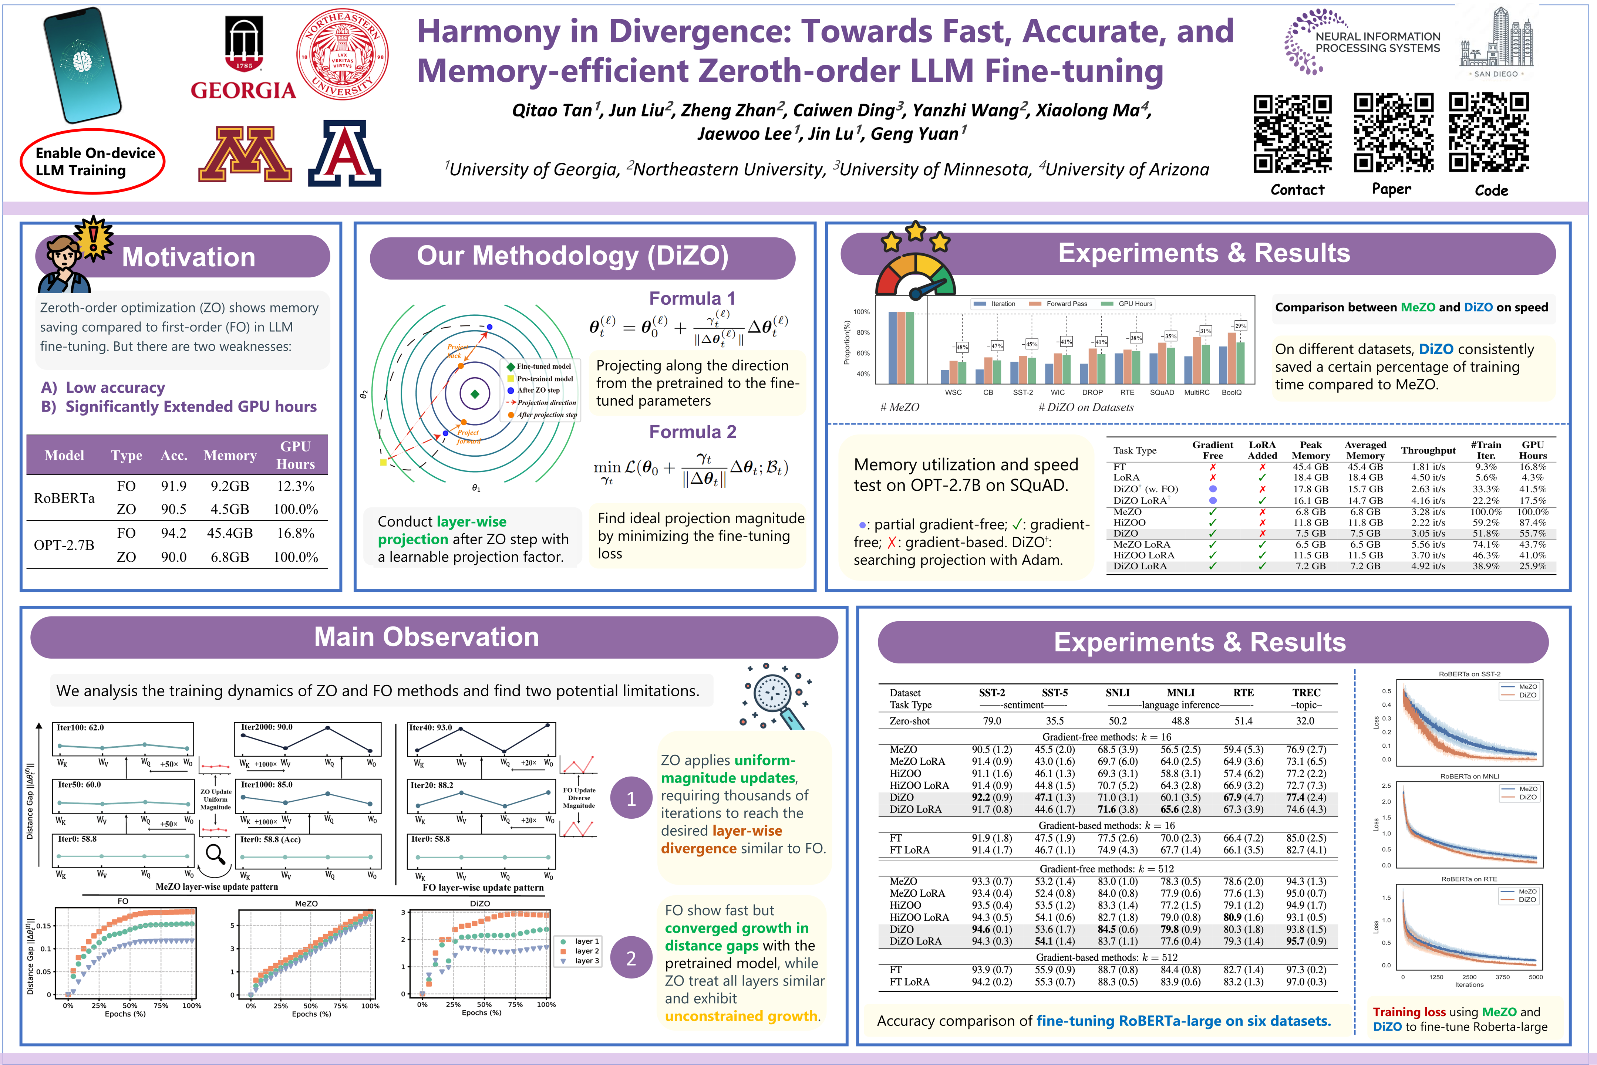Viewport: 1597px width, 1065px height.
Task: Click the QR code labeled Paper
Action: (1393, 133)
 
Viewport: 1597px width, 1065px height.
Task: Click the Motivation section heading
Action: (188, 257)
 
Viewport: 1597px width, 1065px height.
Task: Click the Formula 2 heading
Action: (692, 432)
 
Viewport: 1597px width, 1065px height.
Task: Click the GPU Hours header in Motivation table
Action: (296, 455)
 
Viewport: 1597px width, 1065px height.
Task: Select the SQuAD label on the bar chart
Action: (1162, 393)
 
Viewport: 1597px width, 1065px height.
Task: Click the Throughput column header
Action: (1428, 450)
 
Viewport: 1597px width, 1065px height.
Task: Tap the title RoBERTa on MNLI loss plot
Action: (1469, 776)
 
